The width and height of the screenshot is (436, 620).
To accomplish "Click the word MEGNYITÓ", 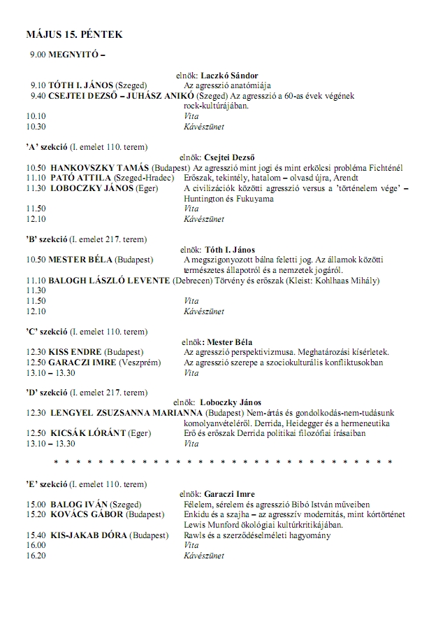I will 74,54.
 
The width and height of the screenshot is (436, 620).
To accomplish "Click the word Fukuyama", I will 249,199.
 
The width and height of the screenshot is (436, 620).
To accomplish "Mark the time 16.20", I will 36,556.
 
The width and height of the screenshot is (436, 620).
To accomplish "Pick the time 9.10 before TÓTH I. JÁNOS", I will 38,85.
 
